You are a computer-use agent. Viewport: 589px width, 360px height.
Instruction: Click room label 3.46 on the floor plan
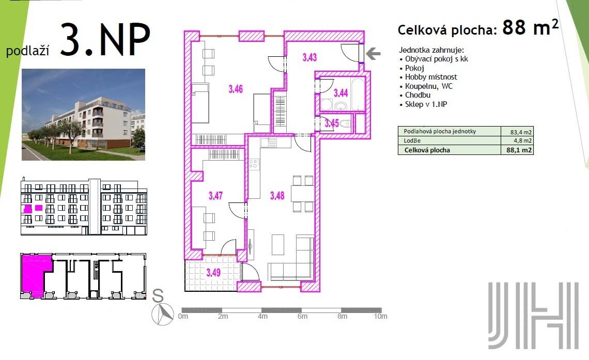coord(236,89)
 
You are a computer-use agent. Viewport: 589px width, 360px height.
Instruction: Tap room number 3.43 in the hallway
coord(309,57)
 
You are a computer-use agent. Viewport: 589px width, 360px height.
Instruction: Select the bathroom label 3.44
coord(340,92)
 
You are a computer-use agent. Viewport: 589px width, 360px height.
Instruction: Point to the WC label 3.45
coord(332,123)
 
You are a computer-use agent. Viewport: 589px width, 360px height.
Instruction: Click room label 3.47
coord(215,196)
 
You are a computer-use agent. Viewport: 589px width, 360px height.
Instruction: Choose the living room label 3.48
coord(277,195)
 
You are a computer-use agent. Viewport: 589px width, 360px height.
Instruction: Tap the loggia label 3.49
coord(213,272)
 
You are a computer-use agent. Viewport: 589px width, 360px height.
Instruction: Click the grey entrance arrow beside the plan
coord(373,54)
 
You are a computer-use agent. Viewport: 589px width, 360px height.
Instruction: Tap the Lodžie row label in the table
coord(412,141)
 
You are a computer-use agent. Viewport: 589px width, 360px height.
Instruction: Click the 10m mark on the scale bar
coord(380,316)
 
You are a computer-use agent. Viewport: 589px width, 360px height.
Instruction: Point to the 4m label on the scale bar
coord(262,316)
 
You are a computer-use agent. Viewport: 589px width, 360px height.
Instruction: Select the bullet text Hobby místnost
coord(431,77)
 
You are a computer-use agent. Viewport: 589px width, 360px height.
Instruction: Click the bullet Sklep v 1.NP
coord(426,104)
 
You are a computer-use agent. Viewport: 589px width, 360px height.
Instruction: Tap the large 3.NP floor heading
coord(105,39)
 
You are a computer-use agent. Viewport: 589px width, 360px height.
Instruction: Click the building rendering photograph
coord(83,115)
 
